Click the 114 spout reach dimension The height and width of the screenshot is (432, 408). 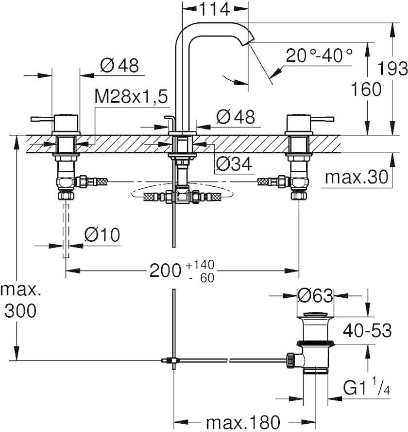click(x=214, y=9)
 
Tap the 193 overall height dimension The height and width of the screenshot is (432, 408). click(x=392, y=68)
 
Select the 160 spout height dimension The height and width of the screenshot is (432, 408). click(x=366, y=89)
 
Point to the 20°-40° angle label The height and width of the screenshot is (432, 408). click(x=319, y=55)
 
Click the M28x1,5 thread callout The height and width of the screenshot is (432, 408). click(x=131, y=96)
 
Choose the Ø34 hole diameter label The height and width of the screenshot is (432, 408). click(x=234, y=164)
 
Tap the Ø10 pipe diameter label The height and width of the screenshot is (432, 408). click(x=102, y=235)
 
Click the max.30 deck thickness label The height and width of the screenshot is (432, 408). click(x=357, y=177)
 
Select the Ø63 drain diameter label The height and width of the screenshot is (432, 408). click(x=315, y=296)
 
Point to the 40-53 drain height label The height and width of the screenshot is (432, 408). click(x=367, y=330)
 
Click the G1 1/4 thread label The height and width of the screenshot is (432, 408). click(x=366, y=388)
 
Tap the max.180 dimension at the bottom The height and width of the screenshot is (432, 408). click(x=243, y=422)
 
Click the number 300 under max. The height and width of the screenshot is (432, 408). click(x=20, y=311)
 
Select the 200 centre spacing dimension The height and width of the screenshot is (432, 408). click(x=165, y=270)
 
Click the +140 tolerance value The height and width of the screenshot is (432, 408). click(x=200, y=265)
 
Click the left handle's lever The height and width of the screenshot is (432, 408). click(x=43, y=119)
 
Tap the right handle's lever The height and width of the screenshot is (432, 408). click(x=322, y=119)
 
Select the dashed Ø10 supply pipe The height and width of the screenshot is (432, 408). click(x=66, y=231)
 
